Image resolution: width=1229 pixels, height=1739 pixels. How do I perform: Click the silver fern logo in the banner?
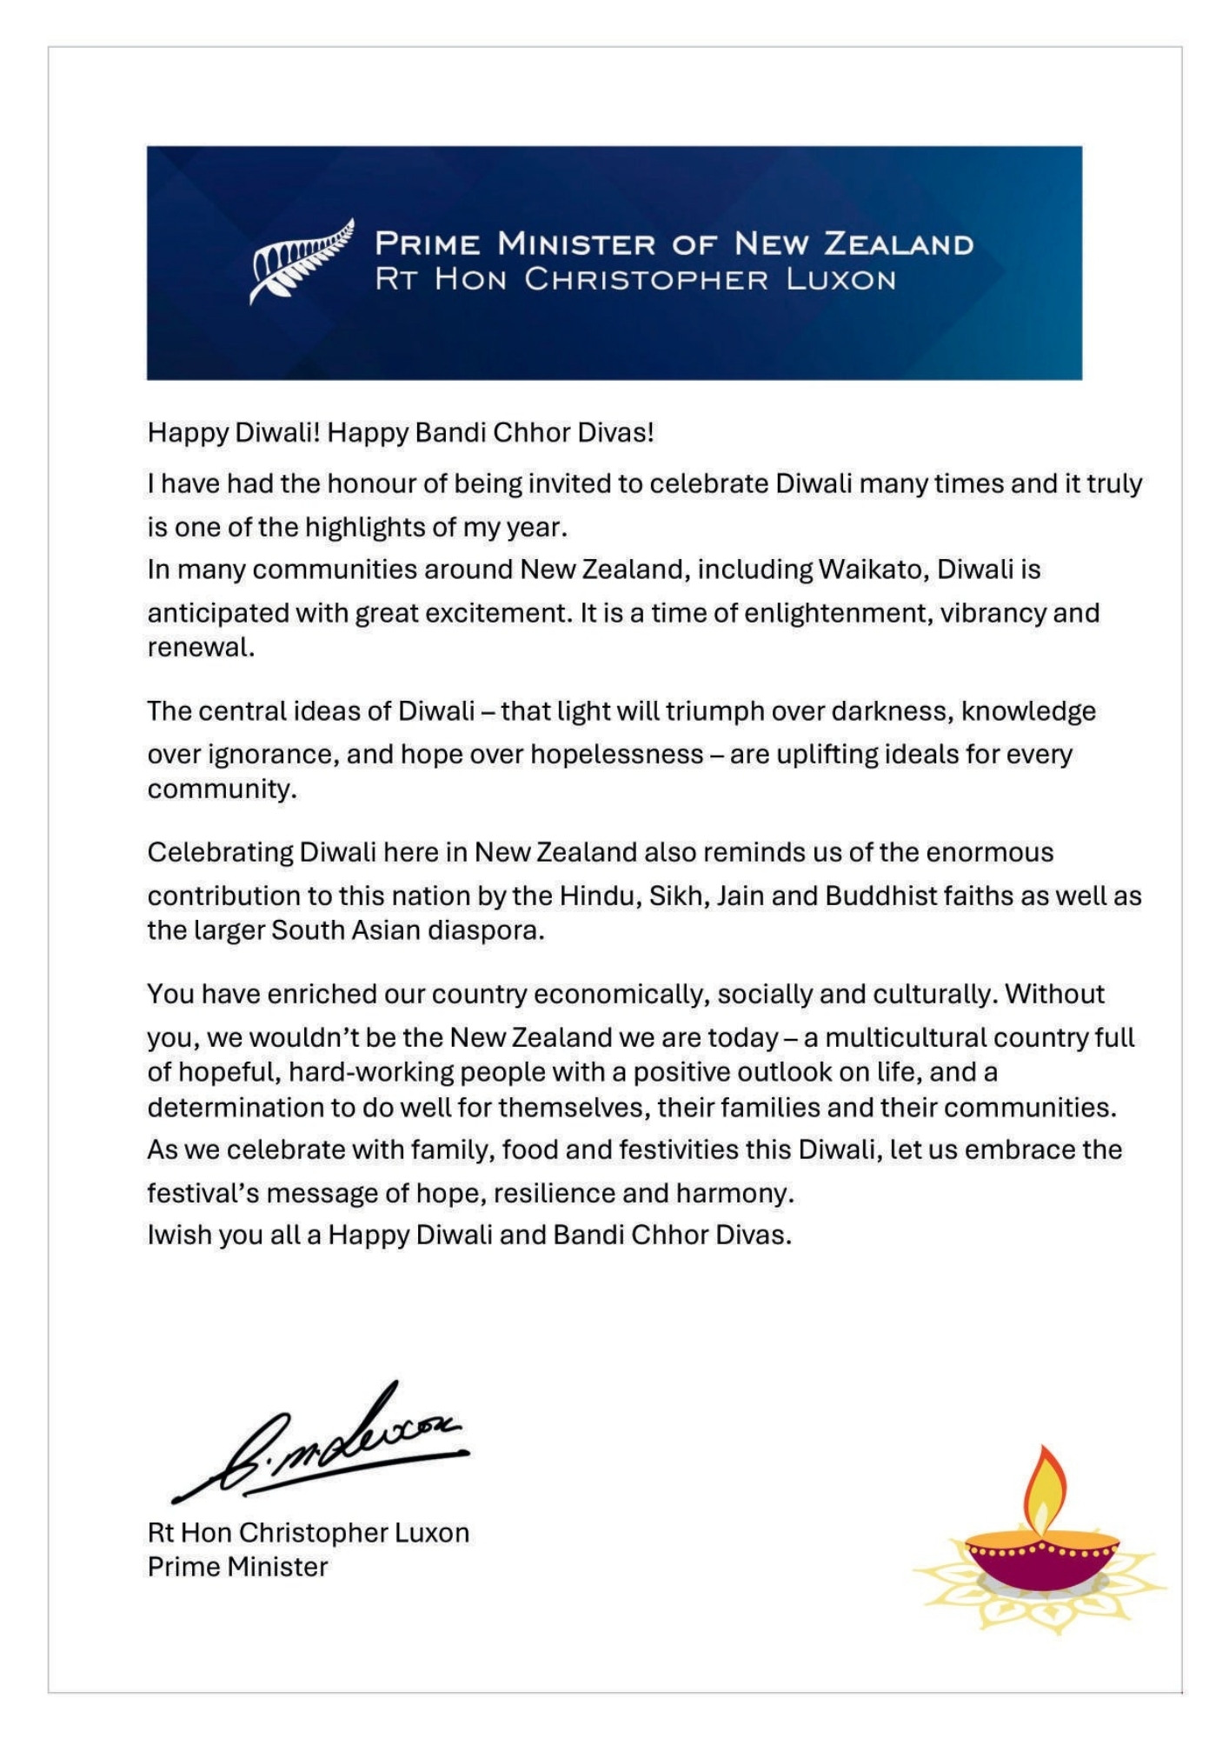[302, 260]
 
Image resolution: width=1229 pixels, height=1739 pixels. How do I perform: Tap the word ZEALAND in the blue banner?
[898, 244]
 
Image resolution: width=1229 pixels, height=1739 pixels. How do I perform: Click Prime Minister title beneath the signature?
[237, 1567]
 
